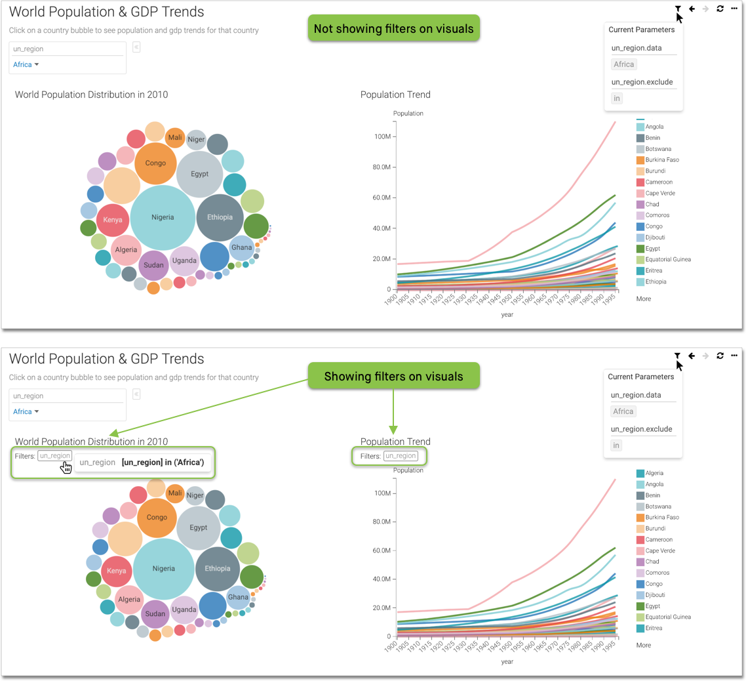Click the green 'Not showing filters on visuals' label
(x=393, y=28)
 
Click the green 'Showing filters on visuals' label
(x=393, y=377)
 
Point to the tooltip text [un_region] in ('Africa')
(x=163, y=463)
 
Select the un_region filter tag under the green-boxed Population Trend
(x=401, y=456)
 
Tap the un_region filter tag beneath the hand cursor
(x=54, y=456)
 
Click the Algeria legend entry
(x=654, y=473)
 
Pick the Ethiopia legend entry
(x=656, y=282)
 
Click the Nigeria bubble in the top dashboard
(x=163, y=217)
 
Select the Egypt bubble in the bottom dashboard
(x=199, y=527)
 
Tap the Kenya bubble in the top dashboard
(x=113, y=220)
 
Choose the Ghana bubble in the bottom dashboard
(x=238, y=597)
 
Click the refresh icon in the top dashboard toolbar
(x=720, y=9)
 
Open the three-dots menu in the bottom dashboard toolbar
(x=735, y=356)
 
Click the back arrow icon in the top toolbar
(x=692, y=9)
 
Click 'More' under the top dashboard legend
(x=643, y=299)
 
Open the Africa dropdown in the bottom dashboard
(x=26, y=412)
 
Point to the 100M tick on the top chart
(x=383, y=136)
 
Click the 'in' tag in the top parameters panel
(x=616, y=98)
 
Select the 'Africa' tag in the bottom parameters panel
(x=623, y=411)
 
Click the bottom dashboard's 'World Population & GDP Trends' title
(x=106, y=359)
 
